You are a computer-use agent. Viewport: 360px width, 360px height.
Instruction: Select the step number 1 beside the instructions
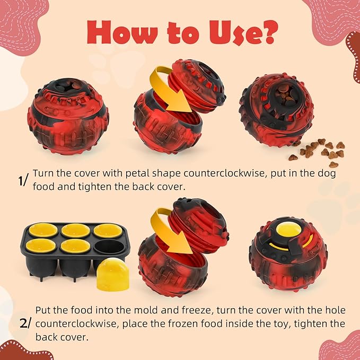[x=22, y=181]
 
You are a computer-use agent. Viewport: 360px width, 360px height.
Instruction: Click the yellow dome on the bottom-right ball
[x=287, y=231]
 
